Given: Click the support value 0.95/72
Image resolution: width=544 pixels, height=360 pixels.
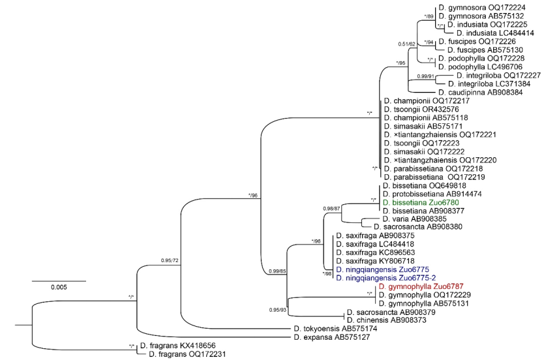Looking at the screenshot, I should click(x=172, y=262).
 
